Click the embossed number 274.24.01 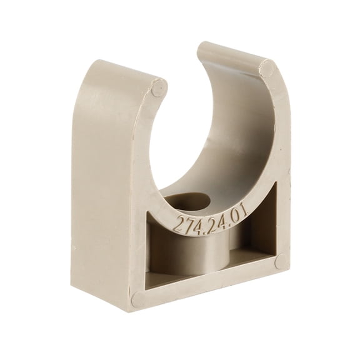pyautogui.click(x=210, y=219)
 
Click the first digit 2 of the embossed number pyautogui.click(x=178, y=227)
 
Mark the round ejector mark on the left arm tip pyautogui.click(x=159, y=88)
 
